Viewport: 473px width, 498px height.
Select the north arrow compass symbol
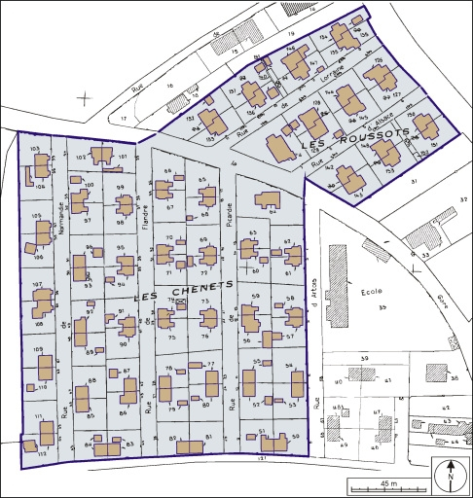[x=452, y=477]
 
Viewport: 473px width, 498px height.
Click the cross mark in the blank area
[x=87, y=97]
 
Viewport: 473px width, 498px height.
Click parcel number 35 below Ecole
[x=382, y=308]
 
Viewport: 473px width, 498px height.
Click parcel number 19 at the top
[x=291, y=35]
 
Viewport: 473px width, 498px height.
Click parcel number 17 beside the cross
[x=124, y=119]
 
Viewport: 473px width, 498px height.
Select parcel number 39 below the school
[x=365, y=360]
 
